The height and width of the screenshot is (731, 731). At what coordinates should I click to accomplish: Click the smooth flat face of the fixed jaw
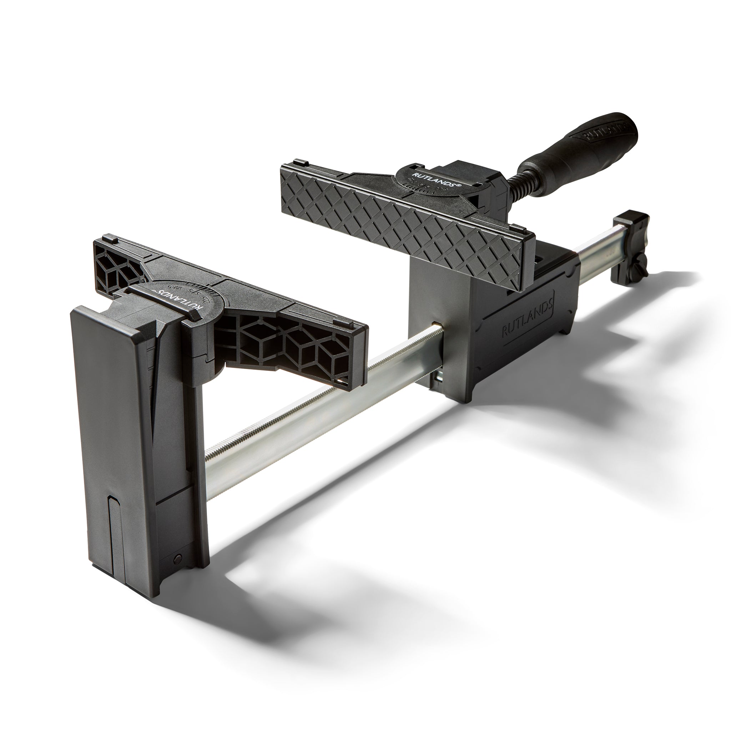click(117, 416)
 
